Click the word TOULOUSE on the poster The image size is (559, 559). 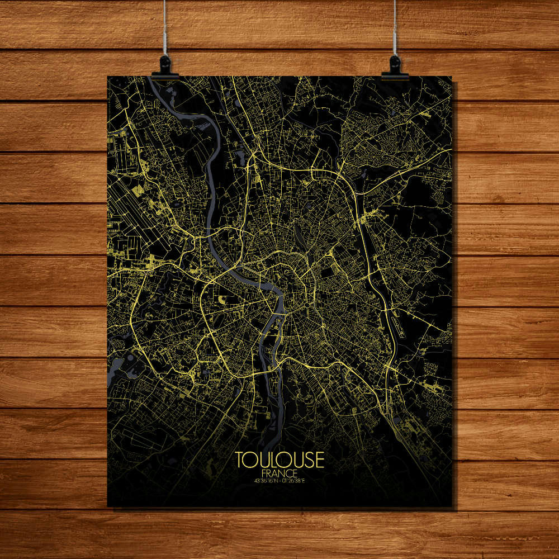click(x=279, y=459)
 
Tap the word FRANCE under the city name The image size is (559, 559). click(x=279, y=472)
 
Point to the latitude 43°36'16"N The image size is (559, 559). click(x=266, y=480)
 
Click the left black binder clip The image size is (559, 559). click(x=165, y=65)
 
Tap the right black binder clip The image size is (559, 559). click(x=395, y=65)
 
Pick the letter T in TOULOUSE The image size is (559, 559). click(x=240, y=459)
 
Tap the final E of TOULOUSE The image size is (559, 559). click(x=320, y=459)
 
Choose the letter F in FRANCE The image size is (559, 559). click(x=263, y=472)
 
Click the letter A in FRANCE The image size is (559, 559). click(x=275, y=472)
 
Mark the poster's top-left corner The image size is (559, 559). click(x=108, y=77)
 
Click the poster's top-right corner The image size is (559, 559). click(x=452, y=77)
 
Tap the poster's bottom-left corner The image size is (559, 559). click(x=108, y=506)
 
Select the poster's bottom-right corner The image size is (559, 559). click(x=452, y=506)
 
